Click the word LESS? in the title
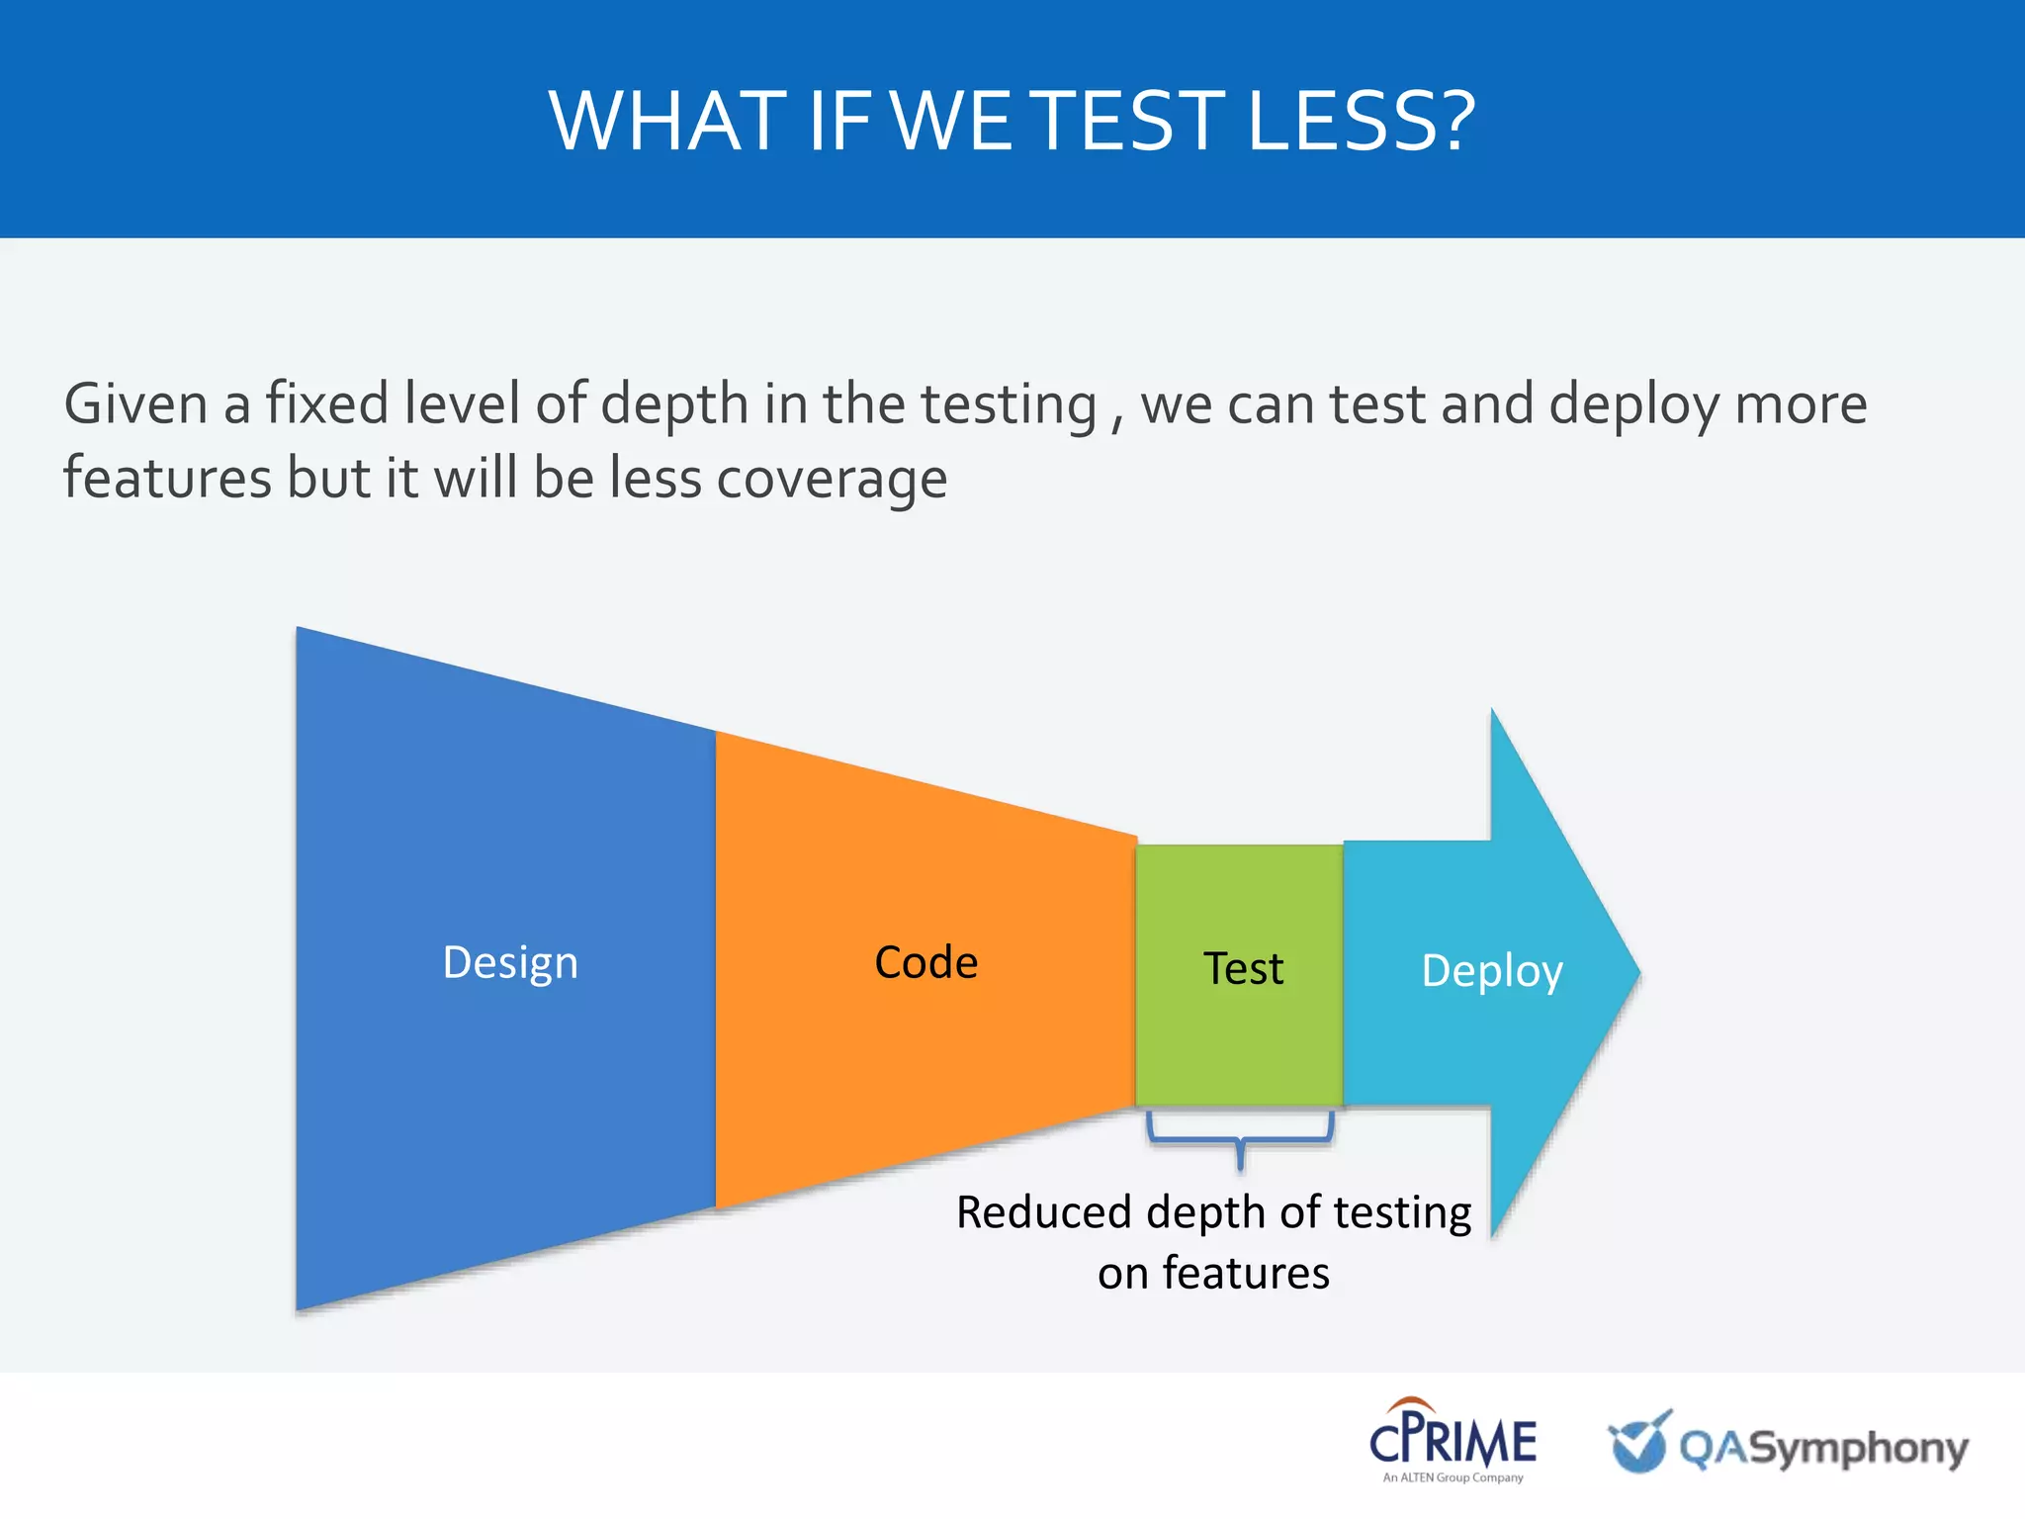(1361, 121)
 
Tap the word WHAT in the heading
(667, 121)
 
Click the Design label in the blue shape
(510, 962)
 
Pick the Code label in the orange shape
(926, 962)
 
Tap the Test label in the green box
(1243, 968)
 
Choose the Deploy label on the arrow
(1491, 970)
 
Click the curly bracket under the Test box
(1240, 1137)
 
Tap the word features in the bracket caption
(1246, 1273)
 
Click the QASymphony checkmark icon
(1638, 1442)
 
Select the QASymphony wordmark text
(1824, 1449)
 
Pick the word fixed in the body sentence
(326, 404)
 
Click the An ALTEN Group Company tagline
(1453, 1477)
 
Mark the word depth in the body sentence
(674, 404)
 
